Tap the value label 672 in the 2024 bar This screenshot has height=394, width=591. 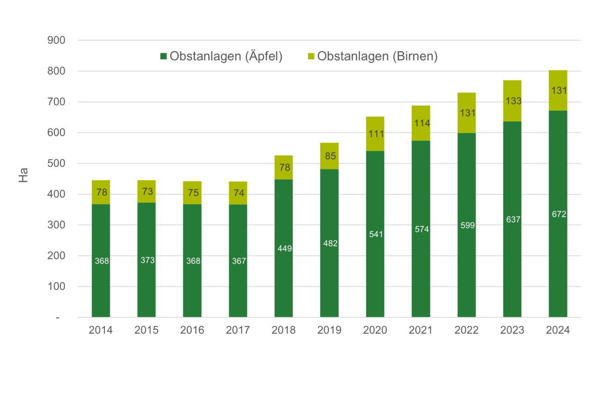point(558,214)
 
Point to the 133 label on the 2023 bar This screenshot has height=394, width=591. point(513,101)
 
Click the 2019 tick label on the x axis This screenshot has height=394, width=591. point(329,331)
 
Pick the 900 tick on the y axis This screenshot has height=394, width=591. point(56,41)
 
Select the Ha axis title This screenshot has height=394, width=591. point(23,175)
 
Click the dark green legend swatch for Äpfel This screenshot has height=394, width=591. point(163,56)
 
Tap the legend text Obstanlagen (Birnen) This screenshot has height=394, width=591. point(377,56)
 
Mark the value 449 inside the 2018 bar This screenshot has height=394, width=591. point(283,249)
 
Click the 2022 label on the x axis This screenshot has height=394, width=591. point(466,331)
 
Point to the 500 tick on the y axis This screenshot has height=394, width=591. point(56,164)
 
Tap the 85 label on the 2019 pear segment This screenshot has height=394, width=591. point(330,156)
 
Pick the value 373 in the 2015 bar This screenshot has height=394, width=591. point(147,260)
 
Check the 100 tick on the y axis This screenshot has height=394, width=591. point(56,287)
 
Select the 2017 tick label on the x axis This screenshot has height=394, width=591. point(238,331)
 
